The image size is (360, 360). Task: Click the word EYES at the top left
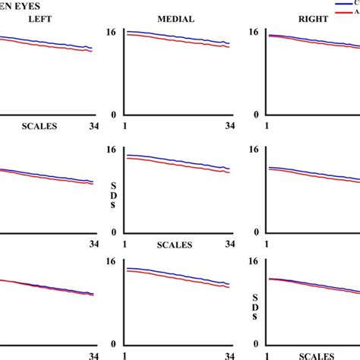pos(26,5)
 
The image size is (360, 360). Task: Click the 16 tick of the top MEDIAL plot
pos(112,33)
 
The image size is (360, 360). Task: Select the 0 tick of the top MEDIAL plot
pos(114,115)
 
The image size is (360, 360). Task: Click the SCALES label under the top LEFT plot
pos(39,127)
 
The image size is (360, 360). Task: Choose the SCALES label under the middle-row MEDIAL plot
pos(175,245)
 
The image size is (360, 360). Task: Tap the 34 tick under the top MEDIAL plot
pos(229,127)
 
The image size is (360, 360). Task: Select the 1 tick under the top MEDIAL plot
pos(123,127)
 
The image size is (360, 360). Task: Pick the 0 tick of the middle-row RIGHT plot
pos(258,232)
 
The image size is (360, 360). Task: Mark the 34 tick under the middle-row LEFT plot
pos(94,245)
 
